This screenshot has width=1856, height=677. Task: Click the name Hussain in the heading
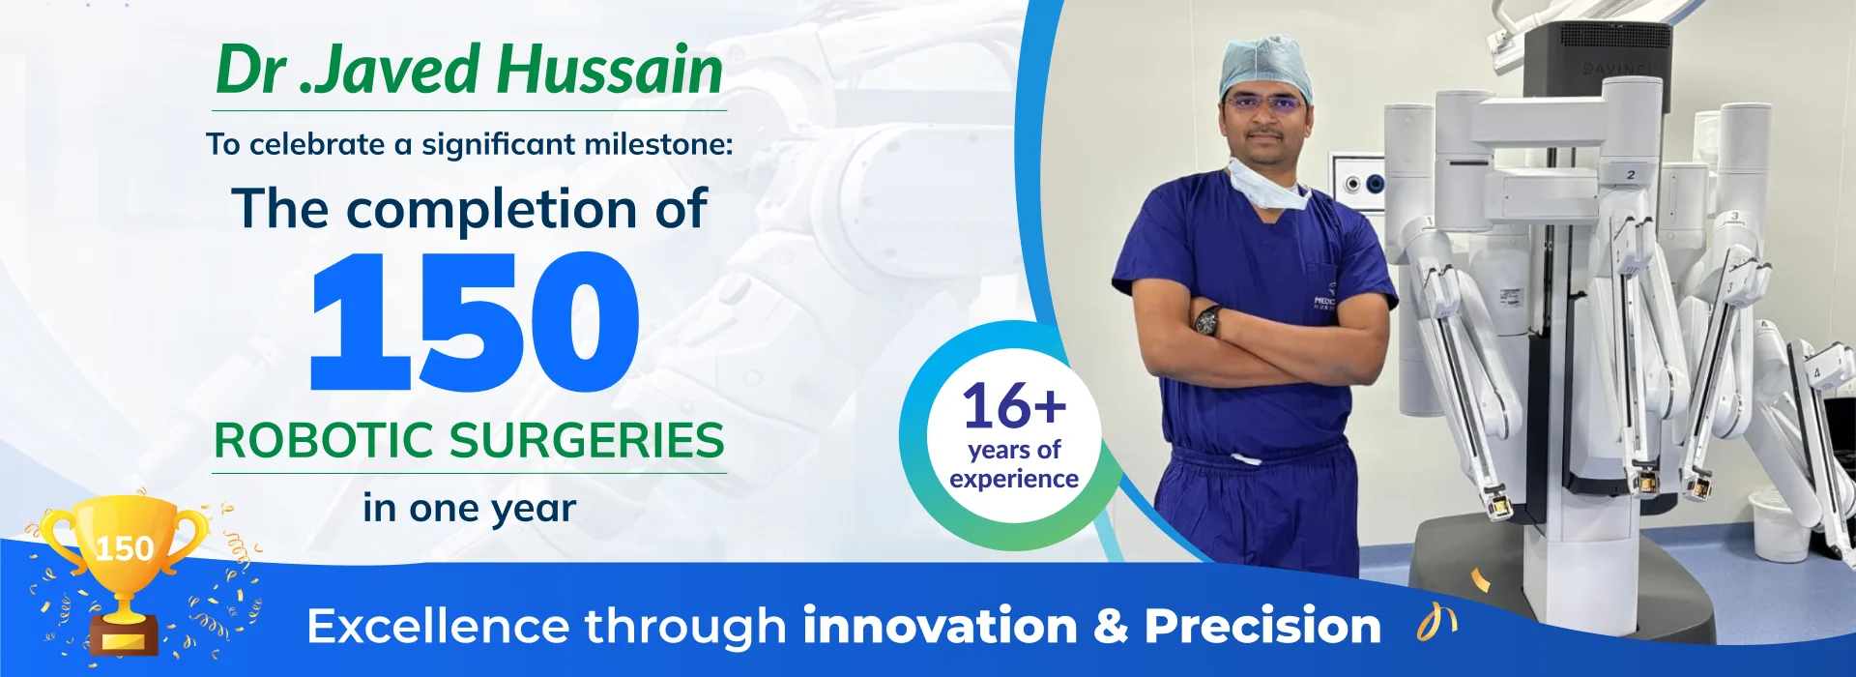click(610, 70)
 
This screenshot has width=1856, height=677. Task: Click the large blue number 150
click(475, 322)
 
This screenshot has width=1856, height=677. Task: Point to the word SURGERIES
click(587, 441)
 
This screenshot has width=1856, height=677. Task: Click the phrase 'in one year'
click(470, 509)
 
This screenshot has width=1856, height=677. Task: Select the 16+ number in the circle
click(1014, 405)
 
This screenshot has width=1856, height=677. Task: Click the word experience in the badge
click(1014, 479)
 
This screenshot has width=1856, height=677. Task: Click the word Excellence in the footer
click(438, 626)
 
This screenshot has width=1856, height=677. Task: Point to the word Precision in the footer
click(1262, 626)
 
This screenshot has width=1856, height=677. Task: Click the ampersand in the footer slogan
click(1112, 627)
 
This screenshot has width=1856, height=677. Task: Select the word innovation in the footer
click(940, 626)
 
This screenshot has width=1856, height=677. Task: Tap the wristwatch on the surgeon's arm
click(1207, 319)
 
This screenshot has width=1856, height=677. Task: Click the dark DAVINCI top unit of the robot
click(1597, 60)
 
